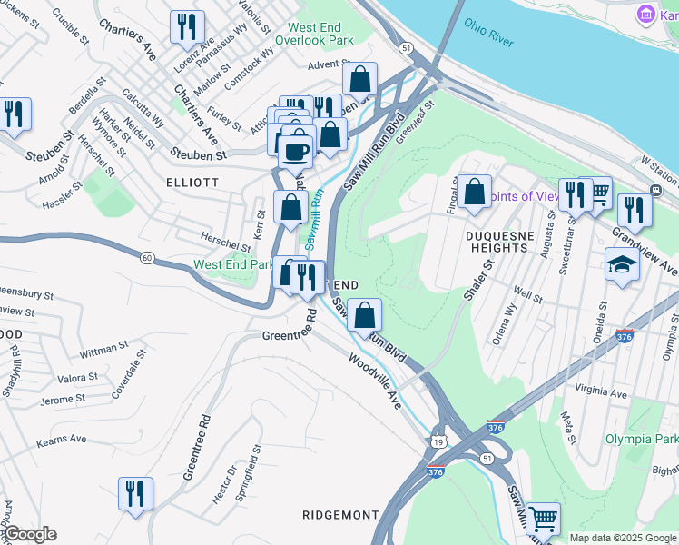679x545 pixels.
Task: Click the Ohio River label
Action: click(487, 33)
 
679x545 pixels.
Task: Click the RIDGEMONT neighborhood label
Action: click(340, 515)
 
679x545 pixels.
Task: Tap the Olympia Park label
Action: click(641, 439)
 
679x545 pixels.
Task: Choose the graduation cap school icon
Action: click(621, 265)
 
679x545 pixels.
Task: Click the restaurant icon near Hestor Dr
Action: click(135, 494)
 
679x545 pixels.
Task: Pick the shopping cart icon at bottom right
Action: click(543, 520)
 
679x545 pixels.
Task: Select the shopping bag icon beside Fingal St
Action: click(474, 192)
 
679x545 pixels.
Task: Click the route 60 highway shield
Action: click(146, 258)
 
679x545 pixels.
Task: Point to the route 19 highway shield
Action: click(439, 441)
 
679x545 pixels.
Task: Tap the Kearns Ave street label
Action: click(61, 439)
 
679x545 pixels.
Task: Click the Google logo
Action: click(30, 534)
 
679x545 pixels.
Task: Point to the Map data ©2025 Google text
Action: click(623, 538)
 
